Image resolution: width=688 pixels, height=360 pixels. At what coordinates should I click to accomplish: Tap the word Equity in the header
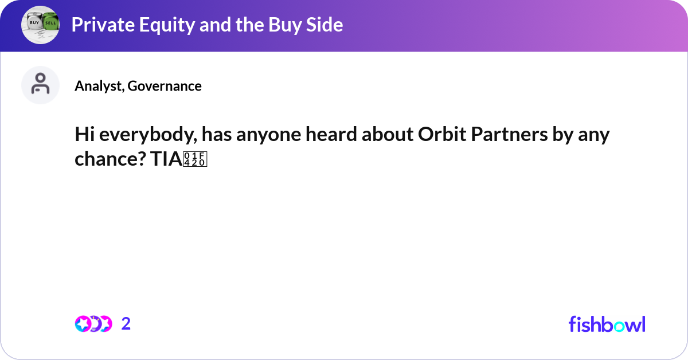[151, 25]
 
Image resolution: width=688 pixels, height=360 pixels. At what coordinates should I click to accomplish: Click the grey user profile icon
[40, 85]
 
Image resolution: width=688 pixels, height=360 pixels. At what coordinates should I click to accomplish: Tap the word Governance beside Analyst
[165, 86]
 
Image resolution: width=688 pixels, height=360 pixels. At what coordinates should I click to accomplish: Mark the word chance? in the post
[108, 160]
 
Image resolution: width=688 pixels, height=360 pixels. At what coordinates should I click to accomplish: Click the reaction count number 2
[126, 324]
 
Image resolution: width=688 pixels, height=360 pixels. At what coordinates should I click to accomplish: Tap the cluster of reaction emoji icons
[93, 324]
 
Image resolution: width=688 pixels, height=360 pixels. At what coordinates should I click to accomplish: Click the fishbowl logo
[607, 324]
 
